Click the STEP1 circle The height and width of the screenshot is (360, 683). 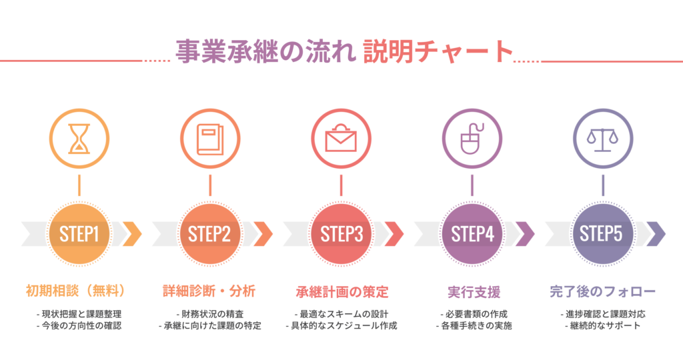pos(79,233)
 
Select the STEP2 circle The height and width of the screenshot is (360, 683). pos(209,233)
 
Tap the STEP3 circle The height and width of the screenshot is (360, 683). pos(341,233)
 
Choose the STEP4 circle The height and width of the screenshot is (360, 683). pos(472,233)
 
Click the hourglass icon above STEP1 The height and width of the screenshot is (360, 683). pos(79,138)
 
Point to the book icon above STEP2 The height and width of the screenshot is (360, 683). pos(209,138)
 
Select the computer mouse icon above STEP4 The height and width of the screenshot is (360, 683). pos(472,138)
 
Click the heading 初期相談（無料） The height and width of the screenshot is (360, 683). pos(79,291)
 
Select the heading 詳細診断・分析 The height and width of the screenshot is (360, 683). pos(209,291)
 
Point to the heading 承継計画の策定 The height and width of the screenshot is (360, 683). pos(341,292)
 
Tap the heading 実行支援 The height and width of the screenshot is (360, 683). pos(473,292)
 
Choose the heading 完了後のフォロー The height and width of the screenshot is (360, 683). pos(602,291)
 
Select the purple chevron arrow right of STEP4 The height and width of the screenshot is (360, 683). pos(525,233)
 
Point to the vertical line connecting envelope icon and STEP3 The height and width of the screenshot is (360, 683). pos(341,185)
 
